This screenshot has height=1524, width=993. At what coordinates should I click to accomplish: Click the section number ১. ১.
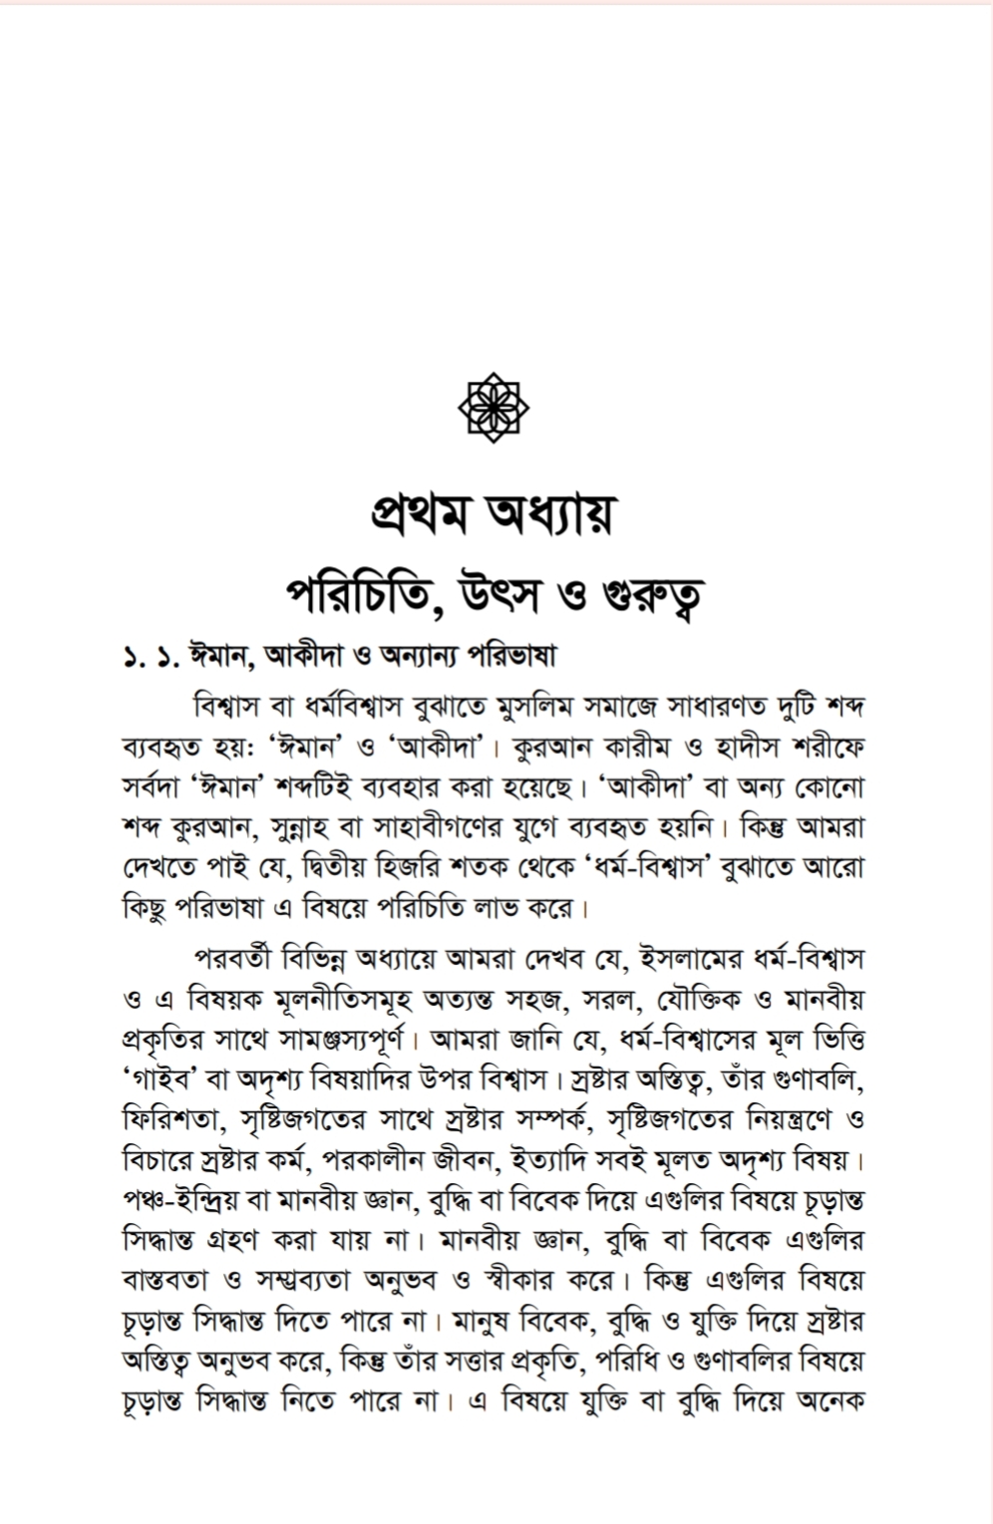(147, 658)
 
